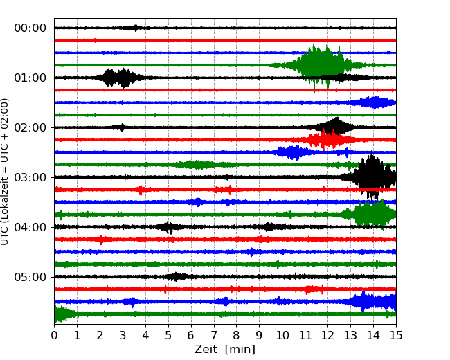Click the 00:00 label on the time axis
point(30,28)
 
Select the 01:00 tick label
point(30,78)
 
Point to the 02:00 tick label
point(30,127)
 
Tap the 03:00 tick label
point(30,177)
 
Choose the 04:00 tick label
point(30,227)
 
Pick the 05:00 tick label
point(30,277)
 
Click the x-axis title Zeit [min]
point(225,350)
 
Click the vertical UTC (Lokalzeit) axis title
point(4,172)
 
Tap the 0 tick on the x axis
point(54,335)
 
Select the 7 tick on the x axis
point(214,335)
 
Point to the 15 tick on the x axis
point(396,335)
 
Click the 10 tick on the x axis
point(282,335)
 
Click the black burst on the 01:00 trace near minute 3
point(118,78)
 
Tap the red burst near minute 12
point(326,140)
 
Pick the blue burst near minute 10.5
point(293,152)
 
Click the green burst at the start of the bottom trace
point(63,314)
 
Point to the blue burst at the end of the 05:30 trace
point(373,301)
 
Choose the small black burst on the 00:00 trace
point(135,28)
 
